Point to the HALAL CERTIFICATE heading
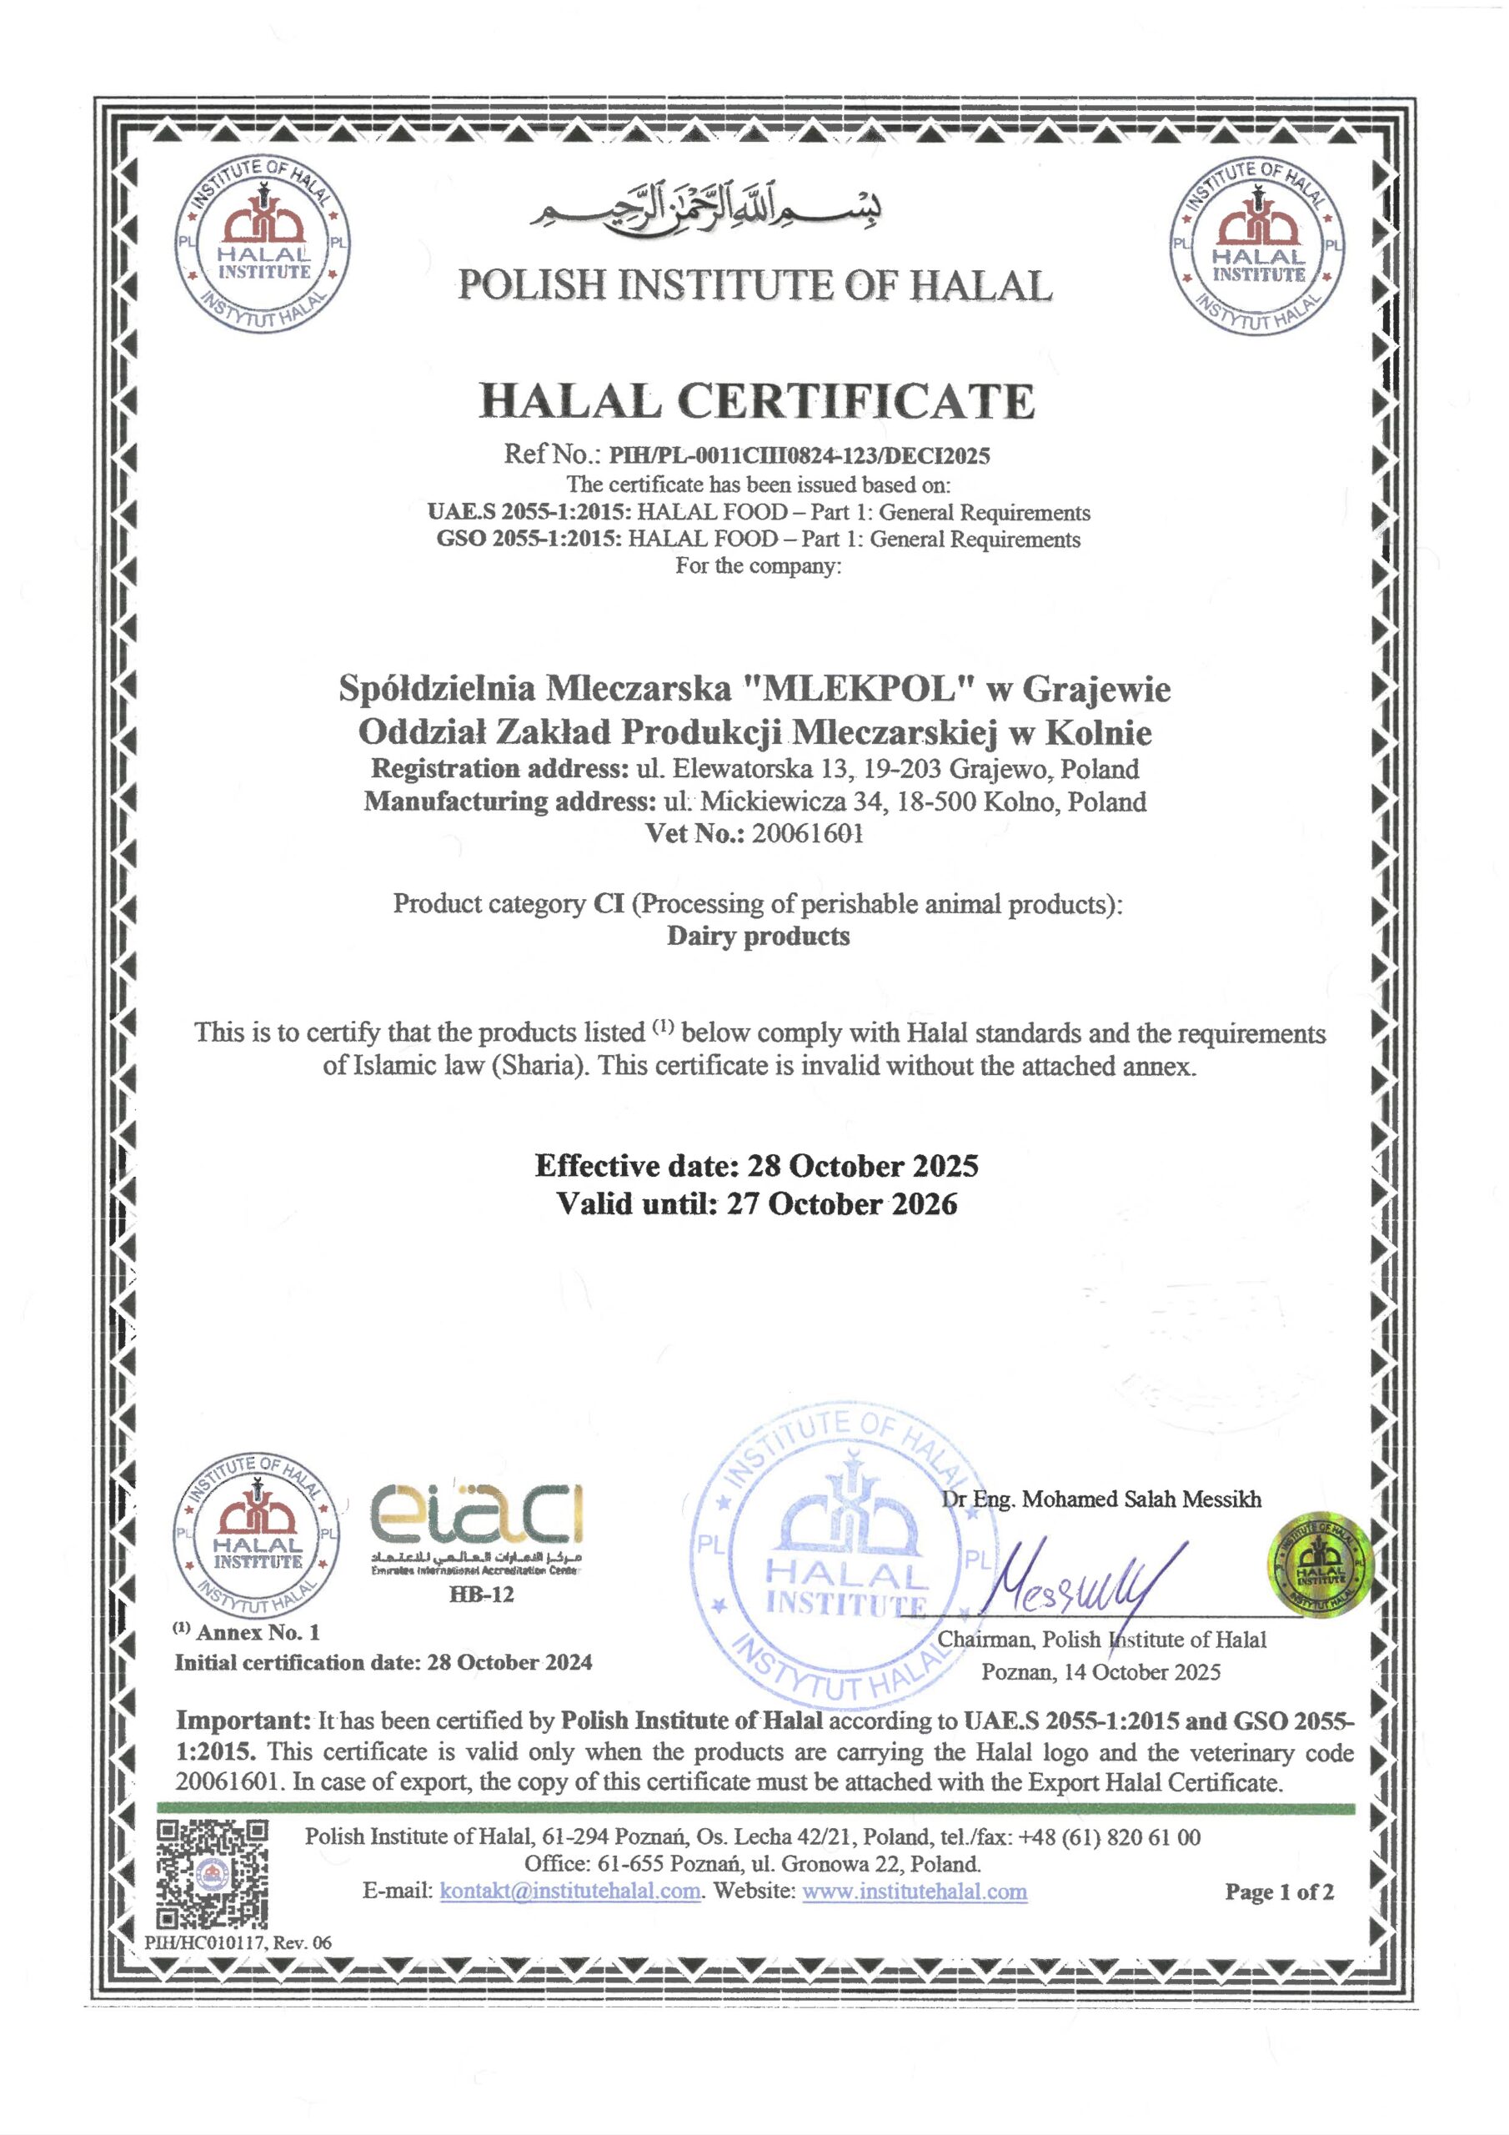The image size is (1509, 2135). [756, 401]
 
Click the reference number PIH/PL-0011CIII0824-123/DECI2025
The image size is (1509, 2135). [799, 455]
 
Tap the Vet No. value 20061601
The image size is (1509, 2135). [807, 833]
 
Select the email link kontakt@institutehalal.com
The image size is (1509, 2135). [570, 1891]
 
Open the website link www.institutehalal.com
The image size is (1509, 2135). [914, 1891]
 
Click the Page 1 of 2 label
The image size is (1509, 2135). [1280, 1891]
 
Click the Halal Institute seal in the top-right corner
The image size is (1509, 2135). [1257, 248]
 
